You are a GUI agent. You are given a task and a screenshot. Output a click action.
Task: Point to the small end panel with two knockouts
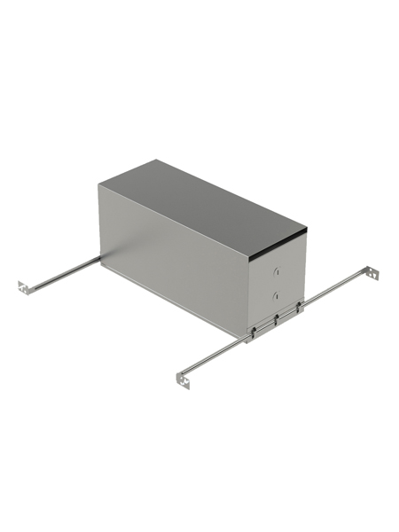tap(279, 279)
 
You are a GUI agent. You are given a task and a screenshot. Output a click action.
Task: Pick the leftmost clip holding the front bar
tap(255, 330)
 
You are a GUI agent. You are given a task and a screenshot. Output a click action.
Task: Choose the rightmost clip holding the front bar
tap(299, 307)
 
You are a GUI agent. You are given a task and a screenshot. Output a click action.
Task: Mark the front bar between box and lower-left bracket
tap(217, 355)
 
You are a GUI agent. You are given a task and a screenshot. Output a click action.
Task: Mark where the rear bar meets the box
tap(99, 258)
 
